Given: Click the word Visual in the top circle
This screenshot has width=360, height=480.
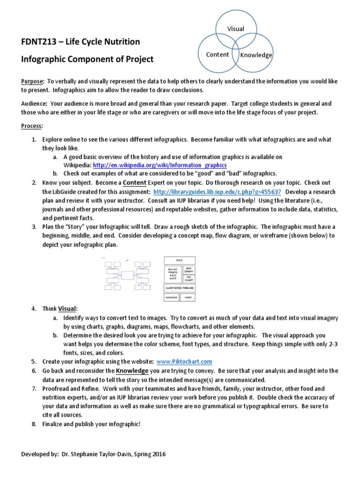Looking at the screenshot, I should click(236, 29).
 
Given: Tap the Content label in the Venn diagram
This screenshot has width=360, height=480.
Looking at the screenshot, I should click(217, 54).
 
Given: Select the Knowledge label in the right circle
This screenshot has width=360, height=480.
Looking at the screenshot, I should click(256, 55).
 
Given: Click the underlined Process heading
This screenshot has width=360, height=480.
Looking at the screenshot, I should click(32, 127).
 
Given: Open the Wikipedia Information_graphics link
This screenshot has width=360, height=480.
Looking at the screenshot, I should click(160, 165).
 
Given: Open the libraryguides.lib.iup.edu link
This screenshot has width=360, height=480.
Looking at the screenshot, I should click(217, 192).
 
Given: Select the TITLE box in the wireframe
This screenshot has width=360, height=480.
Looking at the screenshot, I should click(180, 260).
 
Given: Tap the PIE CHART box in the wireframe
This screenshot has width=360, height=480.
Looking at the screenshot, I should click(188, 278).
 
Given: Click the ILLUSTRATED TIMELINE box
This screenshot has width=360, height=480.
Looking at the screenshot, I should click(180, 288).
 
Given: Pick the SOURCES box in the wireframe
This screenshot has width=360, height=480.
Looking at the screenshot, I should click(171, 298).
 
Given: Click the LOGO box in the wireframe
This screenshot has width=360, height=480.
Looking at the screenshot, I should click(188, 298).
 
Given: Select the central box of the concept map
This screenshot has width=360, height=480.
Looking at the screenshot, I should click(127, 275).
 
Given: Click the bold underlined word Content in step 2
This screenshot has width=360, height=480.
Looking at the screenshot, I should click(135, 182).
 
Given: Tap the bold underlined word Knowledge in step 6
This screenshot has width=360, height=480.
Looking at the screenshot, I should click(132, 370).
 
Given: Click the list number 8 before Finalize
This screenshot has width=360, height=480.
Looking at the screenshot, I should click(34, 424).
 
